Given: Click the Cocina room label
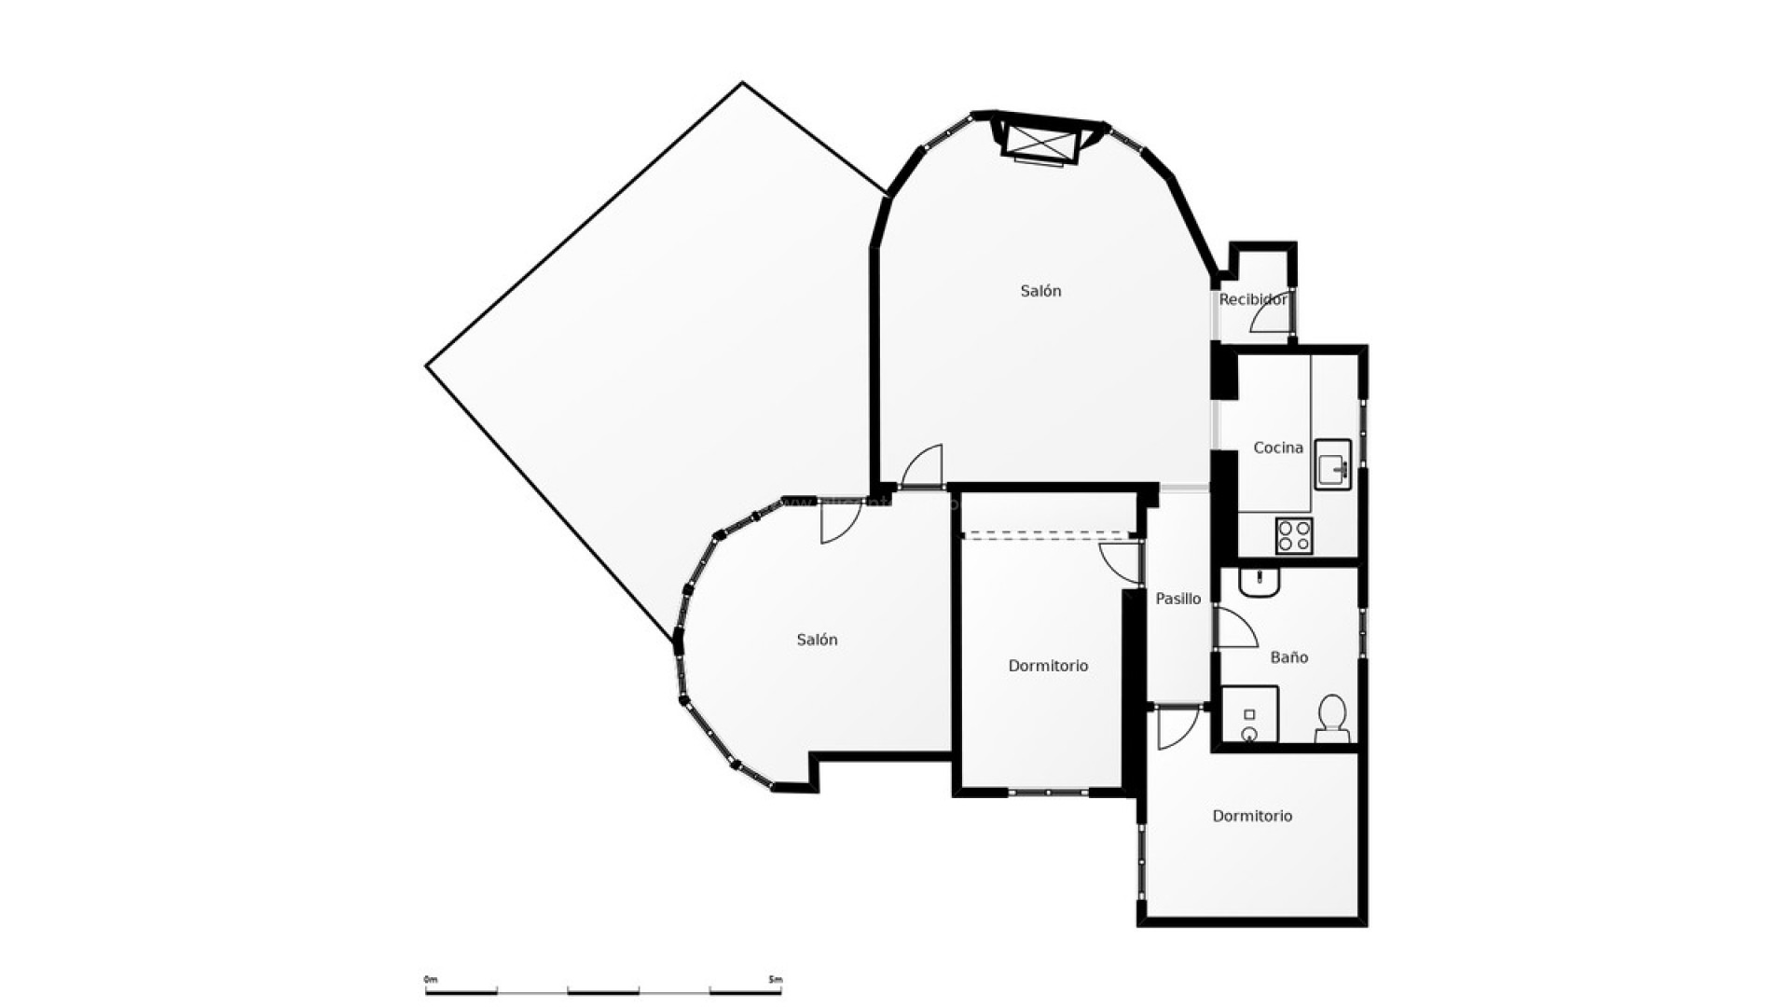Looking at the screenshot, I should click(x=1277, y=448).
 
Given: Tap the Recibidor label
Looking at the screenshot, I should click(x=1252, y=299).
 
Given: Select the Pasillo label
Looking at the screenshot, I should click(x=1177, y=599).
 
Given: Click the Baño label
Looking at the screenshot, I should click(x=1288, y=657).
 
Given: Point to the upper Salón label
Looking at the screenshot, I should click(x=1040, y=291).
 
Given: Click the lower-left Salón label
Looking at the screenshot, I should click(x=817, y=640).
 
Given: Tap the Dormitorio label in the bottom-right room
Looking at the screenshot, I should click(x=1252, y=816).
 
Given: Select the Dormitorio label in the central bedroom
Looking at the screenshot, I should click(x=1048, y=666).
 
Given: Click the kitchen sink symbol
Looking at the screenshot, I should click(x=1332, y=464).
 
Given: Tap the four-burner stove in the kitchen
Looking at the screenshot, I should click(x=1294, y=536).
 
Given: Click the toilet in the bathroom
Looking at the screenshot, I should click(x=1332, y=717).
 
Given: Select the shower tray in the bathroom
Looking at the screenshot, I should click(x=1249, y=715).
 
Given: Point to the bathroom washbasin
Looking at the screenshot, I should click(x=1260, y=583).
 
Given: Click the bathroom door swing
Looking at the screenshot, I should click(x=1236, y=629).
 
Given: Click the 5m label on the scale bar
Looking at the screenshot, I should click(x=776, y=980).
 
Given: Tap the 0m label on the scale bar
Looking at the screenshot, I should click(x=430, y=980).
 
